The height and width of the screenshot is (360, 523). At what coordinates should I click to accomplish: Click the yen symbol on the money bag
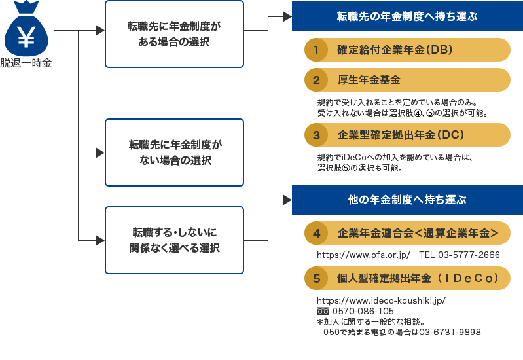(26, 37)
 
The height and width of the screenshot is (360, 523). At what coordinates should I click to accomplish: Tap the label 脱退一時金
(26, 63)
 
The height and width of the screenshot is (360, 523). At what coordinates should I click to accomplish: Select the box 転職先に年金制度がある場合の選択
(174, 34)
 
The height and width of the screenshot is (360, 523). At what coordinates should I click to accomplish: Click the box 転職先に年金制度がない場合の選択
(174, 152)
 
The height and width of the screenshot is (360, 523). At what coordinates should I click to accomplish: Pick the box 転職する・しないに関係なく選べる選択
(174, 240)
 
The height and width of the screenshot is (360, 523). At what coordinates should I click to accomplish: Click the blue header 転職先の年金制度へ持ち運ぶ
(407, 16)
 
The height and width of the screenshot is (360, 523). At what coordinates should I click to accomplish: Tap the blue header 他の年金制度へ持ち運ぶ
(407, 200)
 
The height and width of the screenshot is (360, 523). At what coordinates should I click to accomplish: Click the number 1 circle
(316, 50)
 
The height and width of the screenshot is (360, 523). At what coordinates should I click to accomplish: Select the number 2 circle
(316, 81)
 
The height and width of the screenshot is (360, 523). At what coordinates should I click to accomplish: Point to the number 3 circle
(316, 135)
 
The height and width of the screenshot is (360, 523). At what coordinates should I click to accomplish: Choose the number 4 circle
(316, 233)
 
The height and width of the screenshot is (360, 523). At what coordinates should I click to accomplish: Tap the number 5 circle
(316, 278)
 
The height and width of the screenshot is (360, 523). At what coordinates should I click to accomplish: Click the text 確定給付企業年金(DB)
(395, 50)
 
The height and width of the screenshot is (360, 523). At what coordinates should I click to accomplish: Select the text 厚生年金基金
(369, 81)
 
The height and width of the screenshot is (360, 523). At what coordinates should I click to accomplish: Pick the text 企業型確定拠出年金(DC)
(401, 135)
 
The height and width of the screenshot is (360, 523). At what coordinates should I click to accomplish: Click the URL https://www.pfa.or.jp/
(363, 255)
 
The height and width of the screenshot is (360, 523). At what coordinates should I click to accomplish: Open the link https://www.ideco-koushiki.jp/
(381, 300)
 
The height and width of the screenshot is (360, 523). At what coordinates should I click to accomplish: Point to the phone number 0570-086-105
(363, 311)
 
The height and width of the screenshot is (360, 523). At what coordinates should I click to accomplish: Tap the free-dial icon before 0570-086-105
(322, 311)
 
